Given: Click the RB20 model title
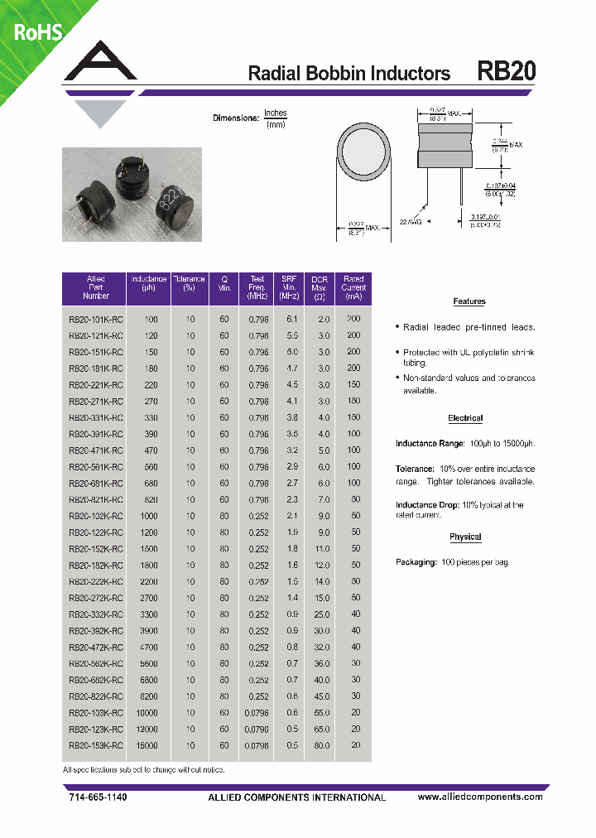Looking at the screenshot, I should point(506,72).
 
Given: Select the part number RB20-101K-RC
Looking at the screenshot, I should point(96,319).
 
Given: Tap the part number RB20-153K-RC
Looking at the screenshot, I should point(96,745).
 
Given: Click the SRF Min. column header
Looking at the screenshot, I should point(289,287).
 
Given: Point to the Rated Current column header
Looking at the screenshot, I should point(353,287).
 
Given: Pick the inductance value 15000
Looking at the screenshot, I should point(150,745).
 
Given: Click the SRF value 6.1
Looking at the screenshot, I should point(291,319).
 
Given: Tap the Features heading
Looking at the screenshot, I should point(469,301).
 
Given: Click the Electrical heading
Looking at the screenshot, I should point(465,418).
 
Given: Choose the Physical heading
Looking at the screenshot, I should point(465,537).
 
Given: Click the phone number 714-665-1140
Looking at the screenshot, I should point(97,797).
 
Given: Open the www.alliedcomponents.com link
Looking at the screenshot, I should point(480,797).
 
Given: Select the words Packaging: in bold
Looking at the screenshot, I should point(416,562).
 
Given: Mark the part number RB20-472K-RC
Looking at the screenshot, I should point(96,647).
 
